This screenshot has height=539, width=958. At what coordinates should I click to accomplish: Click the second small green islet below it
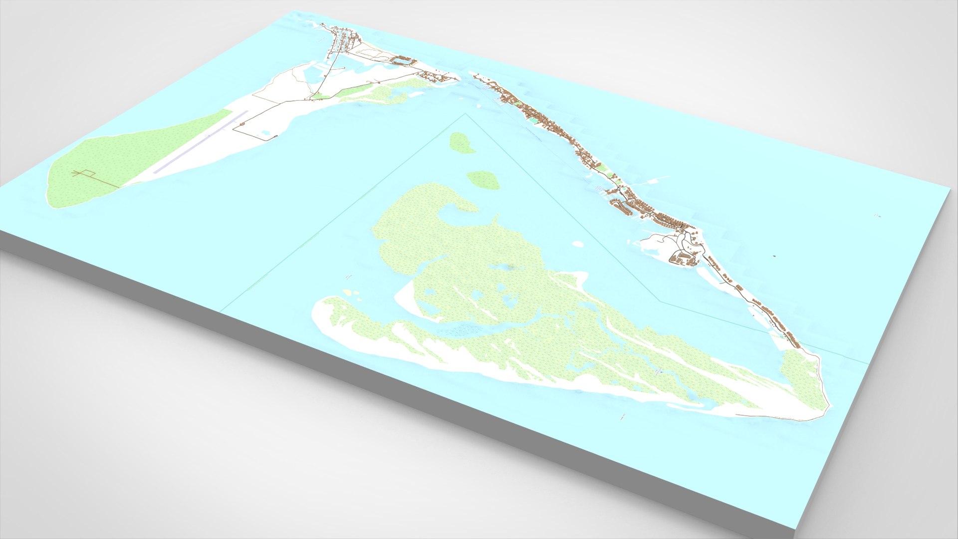[x=483, y=180]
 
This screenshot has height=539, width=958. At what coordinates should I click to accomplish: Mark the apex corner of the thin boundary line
[x=466, y=114]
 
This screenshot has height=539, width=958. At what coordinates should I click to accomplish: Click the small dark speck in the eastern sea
[x=774, y=256]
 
